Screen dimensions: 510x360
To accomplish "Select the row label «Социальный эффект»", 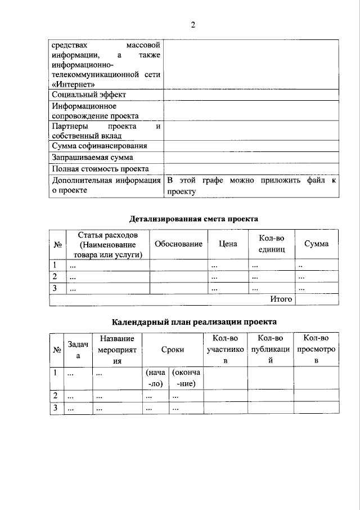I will tap(89, 95).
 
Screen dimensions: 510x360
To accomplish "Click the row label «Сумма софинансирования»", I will tap(100, 146).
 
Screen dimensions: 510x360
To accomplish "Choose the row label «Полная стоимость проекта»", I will tap(100, 168).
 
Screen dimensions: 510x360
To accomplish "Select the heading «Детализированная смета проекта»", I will tap(193, 218).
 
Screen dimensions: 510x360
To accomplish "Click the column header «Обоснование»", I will tap(178, 244).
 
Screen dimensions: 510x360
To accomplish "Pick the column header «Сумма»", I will tap(316, 244).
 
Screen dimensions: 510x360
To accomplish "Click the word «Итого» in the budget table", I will tap(281, 299).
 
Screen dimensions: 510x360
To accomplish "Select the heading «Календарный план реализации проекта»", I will tap(193, 322).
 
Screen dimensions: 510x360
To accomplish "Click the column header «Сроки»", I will tap(172, 349).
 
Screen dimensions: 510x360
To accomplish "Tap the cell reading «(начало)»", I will tap(155, 378).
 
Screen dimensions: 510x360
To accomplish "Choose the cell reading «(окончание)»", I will tap(186, 378).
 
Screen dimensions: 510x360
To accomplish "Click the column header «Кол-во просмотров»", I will tap(316, 349).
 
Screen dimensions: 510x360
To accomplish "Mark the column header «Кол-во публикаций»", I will tap(271, 349).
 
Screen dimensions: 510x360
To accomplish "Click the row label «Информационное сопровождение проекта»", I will tap(95, 111).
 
